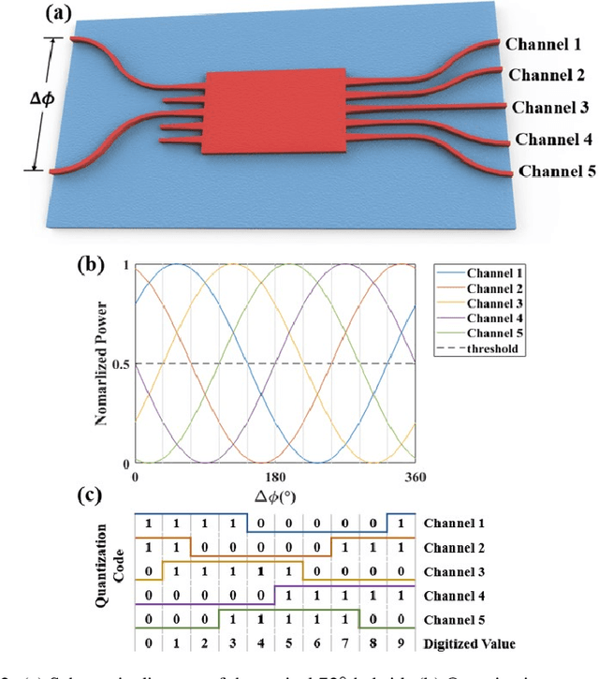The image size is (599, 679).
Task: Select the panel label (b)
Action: pos(94,263)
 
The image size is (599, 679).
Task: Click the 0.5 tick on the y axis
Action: pos(120,363)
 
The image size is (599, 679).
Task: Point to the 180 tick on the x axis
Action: pos(275,478)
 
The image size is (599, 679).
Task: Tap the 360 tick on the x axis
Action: pos(415,478)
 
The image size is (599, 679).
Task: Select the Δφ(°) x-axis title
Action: pos(275,494)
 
